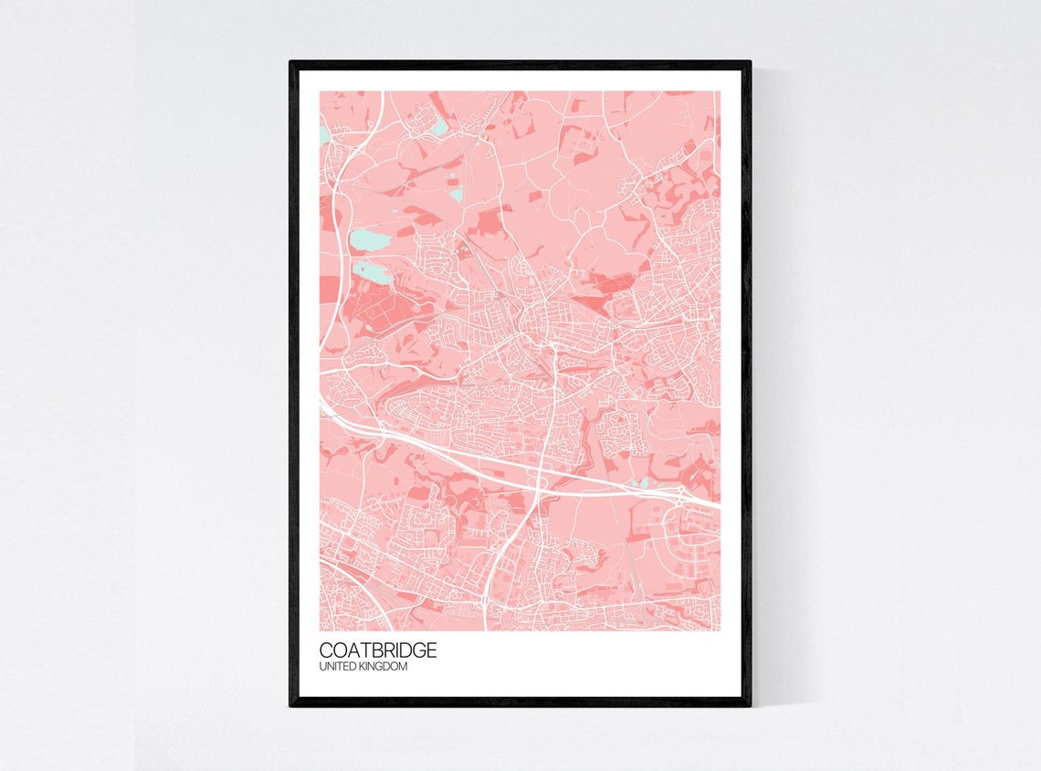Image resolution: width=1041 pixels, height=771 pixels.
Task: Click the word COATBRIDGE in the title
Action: pos(378,650)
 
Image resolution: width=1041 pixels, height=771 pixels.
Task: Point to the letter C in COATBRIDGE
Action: pos(326,650)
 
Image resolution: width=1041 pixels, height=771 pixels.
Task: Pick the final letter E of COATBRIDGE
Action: pos(431,650)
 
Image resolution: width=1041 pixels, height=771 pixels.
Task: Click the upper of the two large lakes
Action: pos(370,240)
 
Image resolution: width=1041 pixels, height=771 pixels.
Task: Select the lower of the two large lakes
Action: pos(374,269)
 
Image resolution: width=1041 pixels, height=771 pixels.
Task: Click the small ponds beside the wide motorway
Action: pos(638,482)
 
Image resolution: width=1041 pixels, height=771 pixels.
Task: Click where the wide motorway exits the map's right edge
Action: pos(717,504)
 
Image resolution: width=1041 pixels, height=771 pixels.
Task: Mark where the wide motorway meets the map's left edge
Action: pos(321,401)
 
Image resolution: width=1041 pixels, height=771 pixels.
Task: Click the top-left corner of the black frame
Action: pos(291,63)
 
